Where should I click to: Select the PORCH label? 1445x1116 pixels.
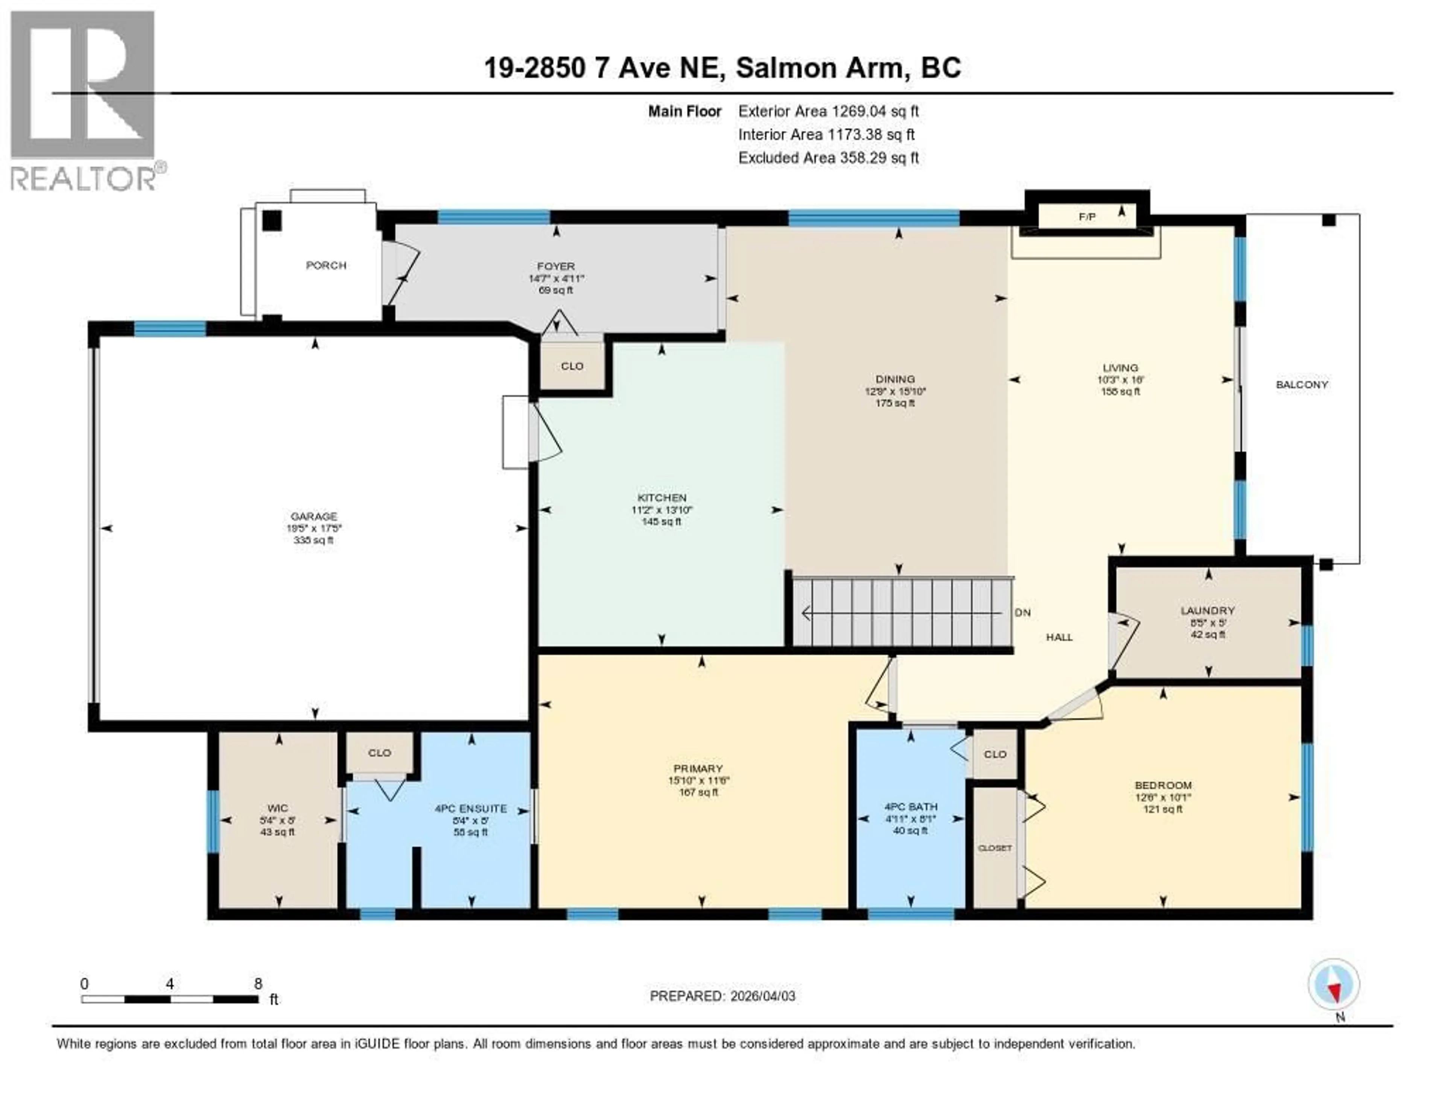[326, 265]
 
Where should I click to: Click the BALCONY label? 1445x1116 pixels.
[1301, 384]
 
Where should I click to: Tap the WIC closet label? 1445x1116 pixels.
[277, 808]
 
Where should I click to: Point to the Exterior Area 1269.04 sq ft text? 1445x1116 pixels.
[828, 111]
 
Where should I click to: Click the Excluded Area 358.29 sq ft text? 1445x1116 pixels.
[828, 157]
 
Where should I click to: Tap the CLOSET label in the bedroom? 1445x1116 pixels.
[995, 847]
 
